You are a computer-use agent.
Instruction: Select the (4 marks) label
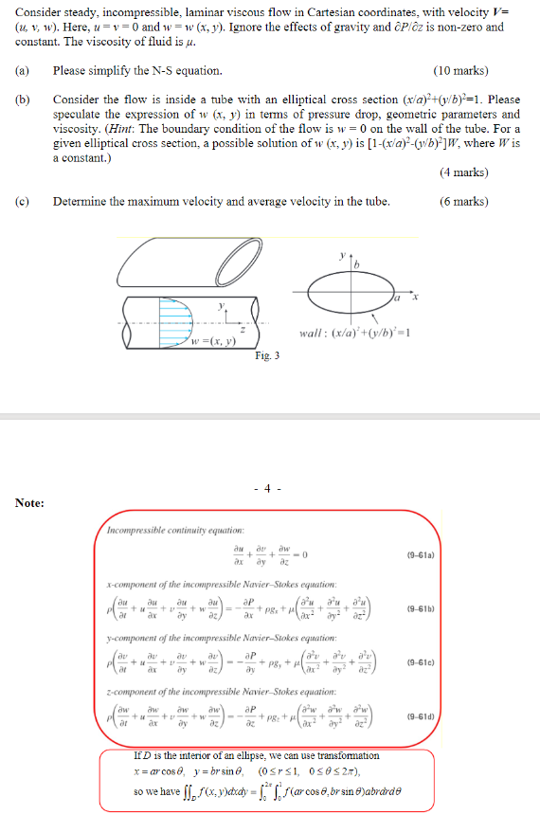(x=464, y=172)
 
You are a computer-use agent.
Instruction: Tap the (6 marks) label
(x=464, y=201)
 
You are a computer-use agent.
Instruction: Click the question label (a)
(x=22, y=71)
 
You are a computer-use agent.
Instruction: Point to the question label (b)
(x=22, y=100)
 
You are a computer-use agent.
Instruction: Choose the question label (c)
(x=22, y=201)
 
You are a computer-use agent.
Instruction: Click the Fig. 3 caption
(x=268, y=356)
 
